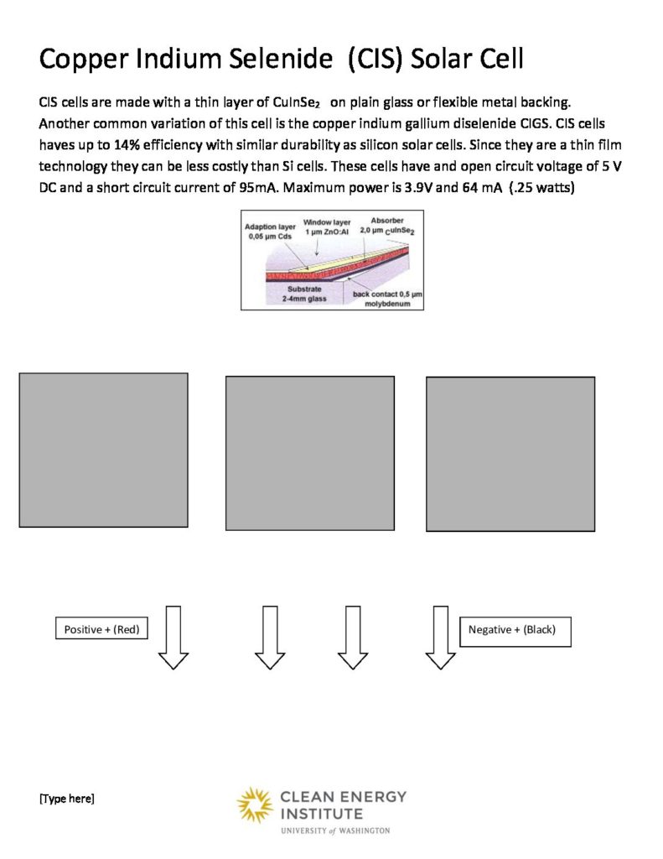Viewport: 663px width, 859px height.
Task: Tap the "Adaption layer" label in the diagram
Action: (270, 227)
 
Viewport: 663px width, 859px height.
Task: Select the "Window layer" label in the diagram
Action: (328, 221)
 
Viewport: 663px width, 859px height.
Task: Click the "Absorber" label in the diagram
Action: (386, 221)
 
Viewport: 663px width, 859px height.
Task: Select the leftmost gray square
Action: (103, 450)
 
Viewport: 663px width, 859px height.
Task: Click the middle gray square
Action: (310, 453)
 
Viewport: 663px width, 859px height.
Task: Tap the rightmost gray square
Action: (510, 454)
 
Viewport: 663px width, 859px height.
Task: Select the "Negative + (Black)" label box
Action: (515, 629)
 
